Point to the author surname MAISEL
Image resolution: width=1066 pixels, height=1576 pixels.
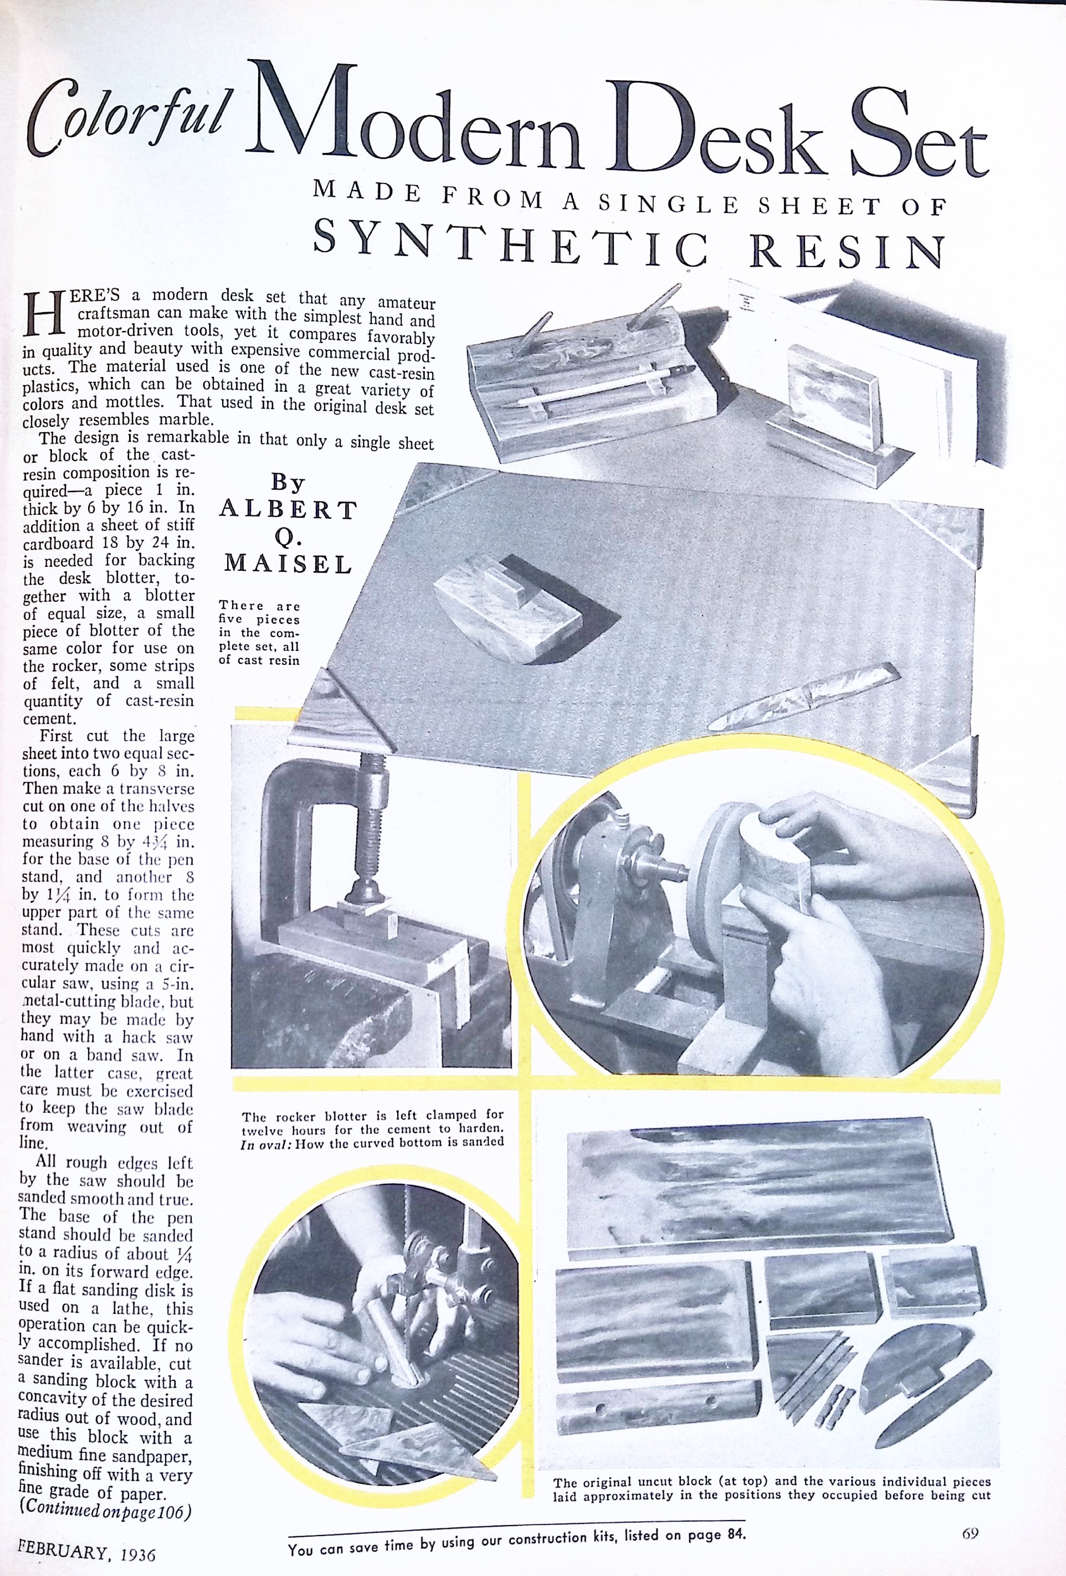(x=289, y=563)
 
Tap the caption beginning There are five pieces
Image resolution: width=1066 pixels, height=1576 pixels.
(x=259, y=632)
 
